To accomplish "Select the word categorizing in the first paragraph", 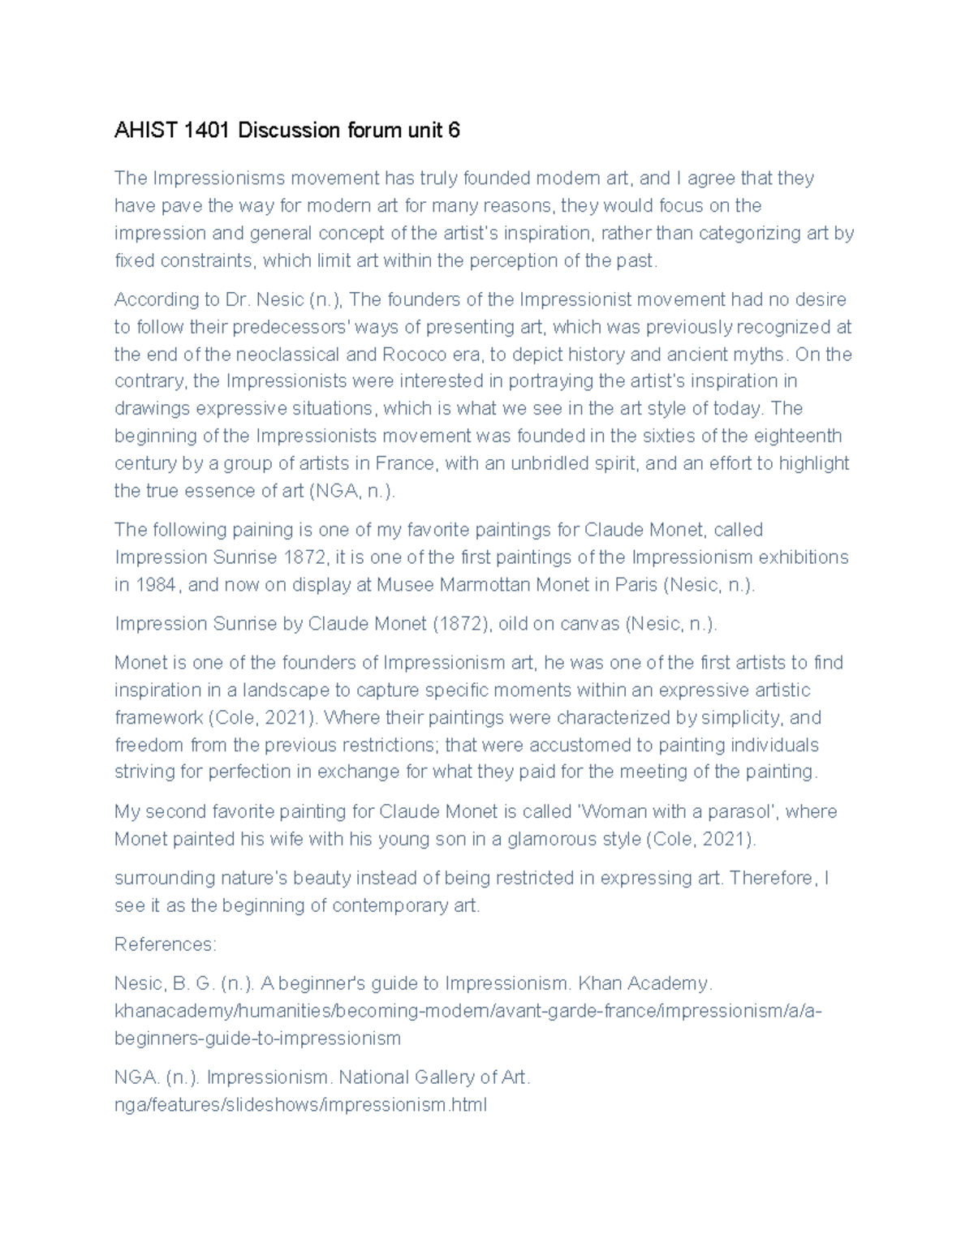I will click(x=752, y=234).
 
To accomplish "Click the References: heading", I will click(x=165, y=945).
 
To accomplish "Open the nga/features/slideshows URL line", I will click(x=300, y=1105).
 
